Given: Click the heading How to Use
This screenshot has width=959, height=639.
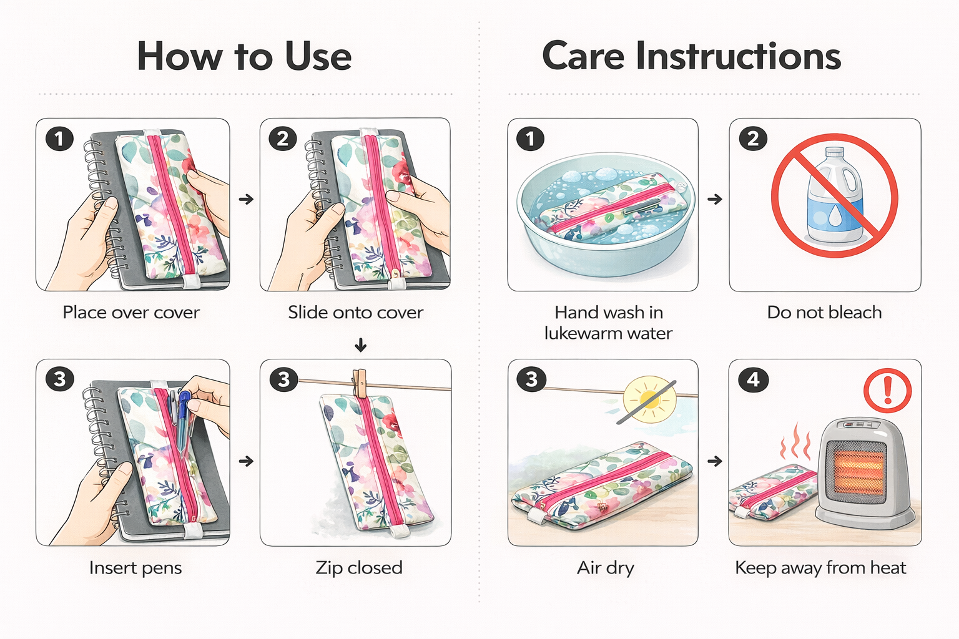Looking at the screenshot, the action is (244, 56).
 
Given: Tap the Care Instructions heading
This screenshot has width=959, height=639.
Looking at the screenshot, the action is (691, 56).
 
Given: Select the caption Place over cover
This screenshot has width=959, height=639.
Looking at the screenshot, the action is (131, 313).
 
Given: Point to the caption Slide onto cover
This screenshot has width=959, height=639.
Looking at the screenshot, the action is (355, 313).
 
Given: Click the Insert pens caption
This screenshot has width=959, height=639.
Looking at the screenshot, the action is (135, 568).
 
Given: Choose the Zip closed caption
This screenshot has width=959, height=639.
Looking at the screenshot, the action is (359, 568).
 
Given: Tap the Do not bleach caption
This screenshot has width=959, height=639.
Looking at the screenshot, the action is (824, 313).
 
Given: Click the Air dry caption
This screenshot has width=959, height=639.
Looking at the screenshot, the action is (606, 568).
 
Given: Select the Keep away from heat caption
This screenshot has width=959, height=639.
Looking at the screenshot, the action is (820, 568).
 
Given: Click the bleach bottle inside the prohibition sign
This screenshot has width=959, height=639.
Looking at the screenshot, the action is (834, 195).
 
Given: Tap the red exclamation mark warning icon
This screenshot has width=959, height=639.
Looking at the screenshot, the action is (887, 391).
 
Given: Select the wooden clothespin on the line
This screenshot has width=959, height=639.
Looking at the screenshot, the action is (360, 384).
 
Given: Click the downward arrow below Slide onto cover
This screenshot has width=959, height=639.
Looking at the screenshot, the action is (361, 345).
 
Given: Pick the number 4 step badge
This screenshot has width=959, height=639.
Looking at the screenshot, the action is (753, 379).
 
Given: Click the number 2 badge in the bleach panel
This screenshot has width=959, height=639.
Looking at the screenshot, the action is (753, 139).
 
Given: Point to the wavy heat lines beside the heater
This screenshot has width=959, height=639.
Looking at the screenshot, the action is (795, 441).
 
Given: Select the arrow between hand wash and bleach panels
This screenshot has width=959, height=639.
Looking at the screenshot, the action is (714, 199).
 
